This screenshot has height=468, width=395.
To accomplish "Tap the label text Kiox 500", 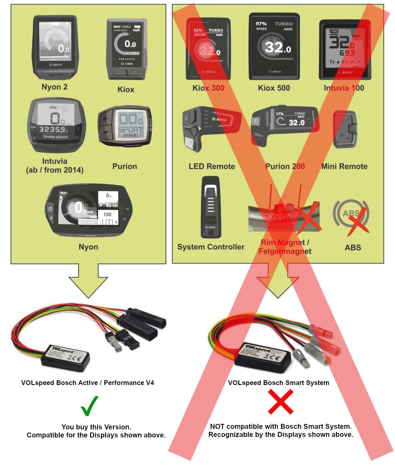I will pos(274,88).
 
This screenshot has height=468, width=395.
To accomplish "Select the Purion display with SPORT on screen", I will pos(125,126).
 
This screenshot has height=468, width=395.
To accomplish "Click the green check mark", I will pos(90,406).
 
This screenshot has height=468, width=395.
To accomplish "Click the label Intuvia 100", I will pos(344,88).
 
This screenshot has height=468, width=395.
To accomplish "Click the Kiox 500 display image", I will pos(274,46).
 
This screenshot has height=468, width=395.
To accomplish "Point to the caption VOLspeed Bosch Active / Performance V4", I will pos(87,383).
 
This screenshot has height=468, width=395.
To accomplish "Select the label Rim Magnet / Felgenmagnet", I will pos(285,247).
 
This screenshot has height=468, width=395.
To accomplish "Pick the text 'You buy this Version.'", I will pos(96,427).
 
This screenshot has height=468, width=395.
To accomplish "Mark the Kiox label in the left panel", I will pos(126,89).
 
